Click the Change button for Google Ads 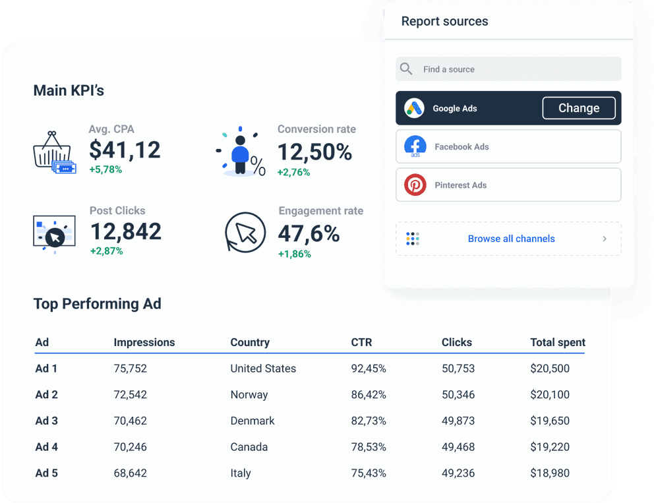pos(578,108)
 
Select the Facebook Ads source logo pos(415,146)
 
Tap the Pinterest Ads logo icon pos(415,185)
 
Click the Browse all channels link pos(511,239)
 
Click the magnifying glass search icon pos(407,69)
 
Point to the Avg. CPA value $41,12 pos(125,150)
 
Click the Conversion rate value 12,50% pos(314,152)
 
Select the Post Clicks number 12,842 pos(125,231)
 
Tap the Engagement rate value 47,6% pos(309,233)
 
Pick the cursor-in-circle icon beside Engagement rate pos(245,233)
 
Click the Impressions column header pos(144,342)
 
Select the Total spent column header pos(558,342)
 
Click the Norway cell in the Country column pos(249,395)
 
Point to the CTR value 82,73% pos(369,421)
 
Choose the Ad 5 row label pos(46,473)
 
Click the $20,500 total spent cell pos(550,369)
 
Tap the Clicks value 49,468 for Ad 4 pos(458,447)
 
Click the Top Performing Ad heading pos(98,304)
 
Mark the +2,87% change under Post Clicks pos(106,251)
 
